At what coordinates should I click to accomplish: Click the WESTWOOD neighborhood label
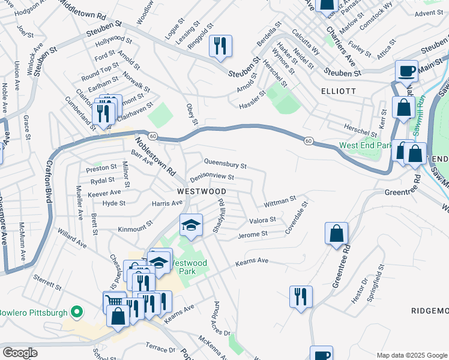point(202,191)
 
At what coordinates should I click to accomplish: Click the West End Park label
point(365,145)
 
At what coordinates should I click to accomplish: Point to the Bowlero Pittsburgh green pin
point(76,312)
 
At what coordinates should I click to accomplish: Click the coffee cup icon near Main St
point(406,70)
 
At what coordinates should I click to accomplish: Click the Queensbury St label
point(226,163)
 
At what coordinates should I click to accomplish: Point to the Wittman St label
point(282,199)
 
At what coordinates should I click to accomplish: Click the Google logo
point(20,353)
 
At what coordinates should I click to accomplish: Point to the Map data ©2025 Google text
point(411,355)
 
